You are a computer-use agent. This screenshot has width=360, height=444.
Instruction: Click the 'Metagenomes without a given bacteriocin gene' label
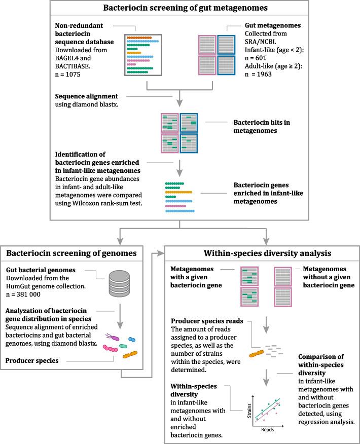tap(326, 276)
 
